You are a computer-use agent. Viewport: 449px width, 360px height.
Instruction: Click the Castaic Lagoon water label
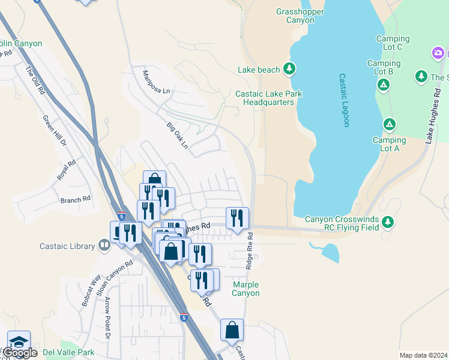[x=344, y=100]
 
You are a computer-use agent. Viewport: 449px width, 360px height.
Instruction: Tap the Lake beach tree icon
[x=289, y=69]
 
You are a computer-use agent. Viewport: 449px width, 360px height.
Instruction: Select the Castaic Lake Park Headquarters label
[x=268, y=98]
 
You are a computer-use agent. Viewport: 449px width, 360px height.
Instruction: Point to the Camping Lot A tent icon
[x=390, y=124]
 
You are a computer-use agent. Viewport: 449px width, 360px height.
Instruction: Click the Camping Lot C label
[x=393, y=43]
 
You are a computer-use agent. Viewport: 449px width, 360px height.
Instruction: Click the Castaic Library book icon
[x=104, y=245]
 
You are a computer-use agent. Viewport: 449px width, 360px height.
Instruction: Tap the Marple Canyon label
[x=246, y=289]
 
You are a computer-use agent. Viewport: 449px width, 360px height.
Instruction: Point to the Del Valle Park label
[x=69, y=352]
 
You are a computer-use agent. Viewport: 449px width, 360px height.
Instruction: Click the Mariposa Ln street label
[x=156, y=82]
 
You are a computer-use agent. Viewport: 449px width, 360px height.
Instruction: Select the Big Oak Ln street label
[x=178, y=136]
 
